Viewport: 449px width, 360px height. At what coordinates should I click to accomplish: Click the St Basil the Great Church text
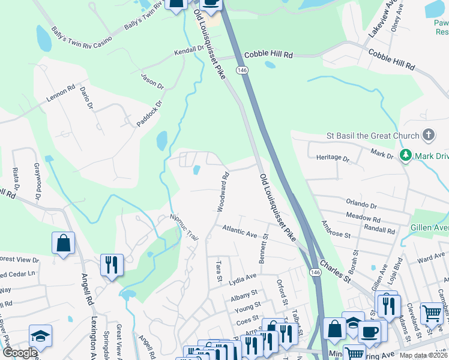tap(373, 136)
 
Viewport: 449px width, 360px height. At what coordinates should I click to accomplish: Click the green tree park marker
tap(406, 156)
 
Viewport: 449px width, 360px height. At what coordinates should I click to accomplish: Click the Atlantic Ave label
tap(240, 230)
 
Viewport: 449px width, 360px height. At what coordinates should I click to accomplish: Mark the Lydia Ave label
tap(243, 277)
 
